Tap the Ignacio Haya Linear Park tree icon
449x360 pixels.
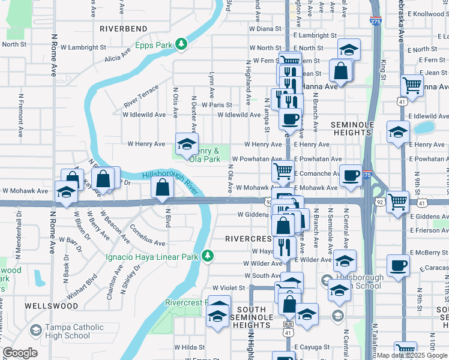point(207,256)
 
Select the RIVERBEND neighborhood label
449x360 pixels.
point(123,28)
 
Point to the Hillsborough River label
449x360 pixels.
point(169,183)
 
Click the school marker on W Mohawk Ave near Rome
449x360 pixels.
point(66,191)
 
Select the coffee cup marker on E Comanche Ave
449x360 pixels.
point(351,175)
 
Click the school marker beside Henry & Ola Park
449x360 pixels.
point(187,143)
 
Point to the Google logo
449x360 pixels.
point(20,353)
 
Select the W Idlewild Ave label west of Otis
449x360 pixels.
point(143,115)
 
